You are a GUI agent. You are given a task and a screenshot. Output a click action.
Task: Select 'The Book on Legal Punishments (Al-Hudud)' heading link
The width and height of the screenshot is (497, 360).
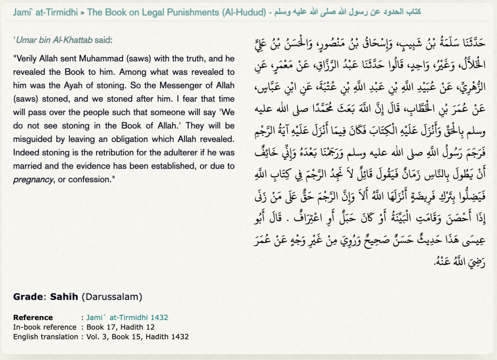(176, 12)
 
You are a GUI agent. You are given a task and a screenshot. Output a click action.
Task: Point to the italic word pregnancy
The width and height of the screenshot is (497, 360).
(33, 179)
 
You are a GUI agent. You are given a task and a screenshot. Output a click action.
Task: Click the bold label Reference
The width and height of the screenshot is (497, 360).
(33, 318)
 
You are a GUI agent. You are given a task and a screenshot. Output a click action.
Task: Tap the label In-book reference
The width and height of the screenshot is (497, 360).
(45, 327)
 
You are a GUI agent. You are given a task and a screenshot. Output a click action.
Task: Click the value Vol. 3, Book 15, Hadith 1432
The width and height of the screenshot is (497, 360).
(137, 336)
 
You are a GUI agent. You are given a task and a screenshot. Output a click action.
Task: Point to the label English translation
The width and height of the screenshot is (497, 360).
(46, 336)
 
